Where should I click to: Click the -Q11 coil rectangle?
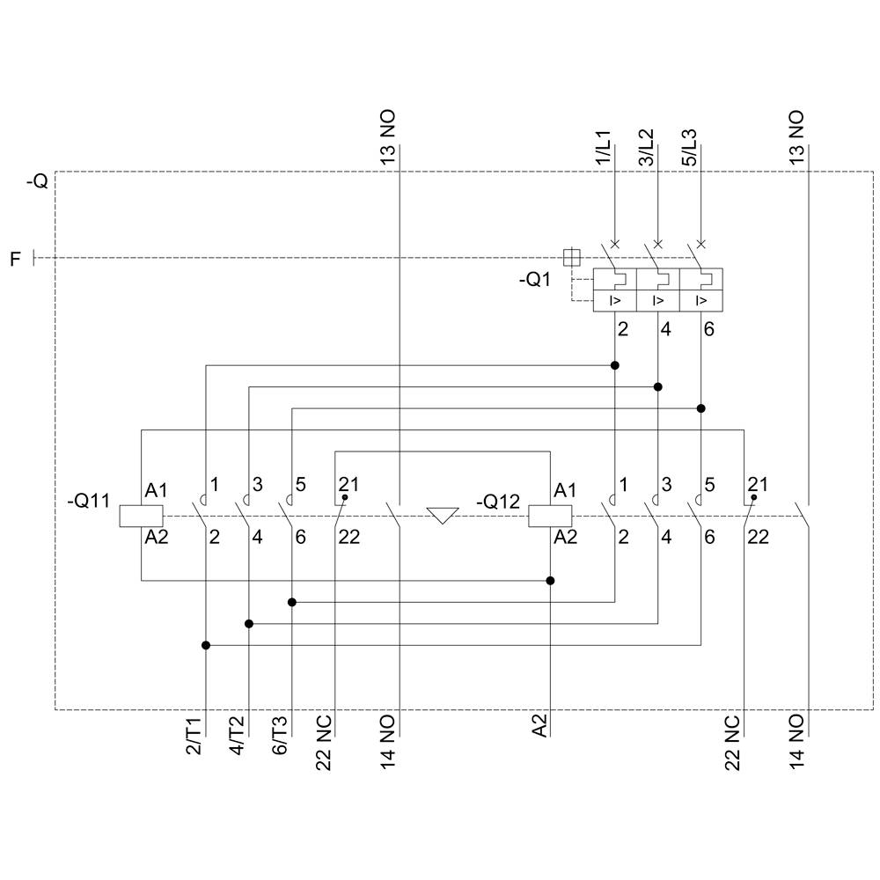coord(141,516)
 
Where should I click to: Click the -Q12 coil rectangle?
coord(550,516)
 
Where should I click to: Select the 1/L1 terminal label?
coord(603,148)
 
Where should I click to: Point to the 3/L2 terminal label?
coord(646,148)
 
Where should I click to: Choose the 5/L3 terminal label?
coord(689,148)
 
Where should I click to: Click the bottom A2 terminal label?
coord(539,726)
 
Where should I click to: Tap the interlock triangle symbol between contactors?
coord(442,515)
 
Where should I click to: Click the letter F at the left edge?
coord(15,259)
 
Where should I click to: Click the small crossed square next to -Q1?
coord(571,257)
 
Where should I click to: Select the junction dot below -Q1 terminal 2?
coord(615,365)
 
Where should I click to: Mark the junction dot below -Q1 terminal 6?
coord(701,408)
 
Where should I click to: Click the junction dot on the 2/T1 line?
coord(206,645)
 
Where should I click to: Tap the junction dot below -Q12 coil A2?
coord(551,581)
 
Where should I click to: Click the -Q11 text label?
coord(88,502)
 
